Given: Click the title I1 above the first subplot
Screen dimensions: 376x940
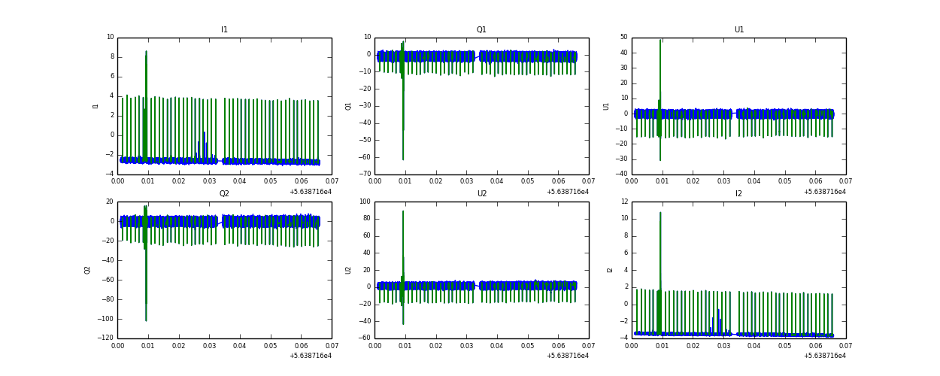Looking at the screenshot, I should click(224, 30).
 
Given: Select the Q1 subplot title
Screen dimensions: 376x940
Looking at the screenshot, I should click(481, 30).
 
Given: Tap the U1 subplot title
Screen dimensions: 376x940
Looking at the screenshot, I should click(738, 30).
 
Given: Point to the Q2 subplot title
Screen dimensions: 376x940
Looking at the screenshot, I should click(224, 194).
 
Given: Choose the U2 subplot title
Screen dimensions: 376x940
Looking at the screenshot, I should click(481, 194).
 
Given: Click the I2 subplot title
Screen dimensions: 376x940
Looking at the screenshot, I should click(738, 194).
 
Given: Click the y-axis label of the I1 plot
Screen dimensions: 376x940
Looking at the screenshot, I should click(96, 106).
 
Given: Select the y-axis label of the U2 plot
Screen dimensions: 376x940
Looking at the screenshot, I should click(350, 270).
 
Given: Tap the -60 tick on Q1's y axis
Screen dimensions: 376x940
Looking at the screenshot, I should click(364, 157).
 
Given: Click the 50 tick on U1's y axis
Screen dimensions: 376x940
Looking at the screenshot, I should click(623, 37).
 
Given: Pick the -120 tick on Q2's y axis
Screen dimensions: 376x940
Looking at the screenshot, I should click(105, 338).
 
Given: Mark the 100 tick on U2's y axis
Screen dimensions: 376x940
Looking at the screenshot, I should click(364, 202).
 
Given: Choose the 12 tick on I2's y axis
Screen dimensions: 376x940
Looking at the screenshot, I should click(623, 202).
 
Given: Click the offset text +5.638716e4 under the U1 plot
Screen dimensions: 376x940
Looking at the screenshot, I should click(824, 192).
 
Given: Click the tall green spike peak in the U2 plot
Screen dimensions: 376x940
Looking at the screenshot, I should click(403, 211).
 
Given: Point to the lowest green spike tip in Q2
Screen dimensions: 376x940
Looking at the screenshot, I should click(146, 321).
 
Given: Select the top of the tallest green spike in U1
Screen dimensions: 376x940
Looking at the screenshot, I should click(660, 40).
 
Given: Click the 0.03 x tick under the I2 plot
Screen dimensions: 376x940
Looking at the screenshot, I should click(723, 346).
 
